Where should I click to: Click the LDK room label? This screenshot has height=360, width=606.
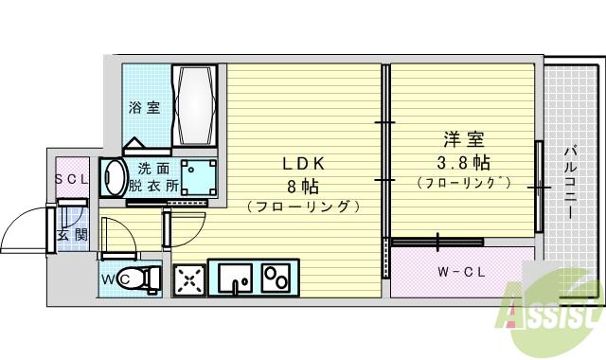tap(302, 162)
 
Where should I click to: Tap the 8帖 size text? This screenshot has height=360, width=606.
tap(302, 184)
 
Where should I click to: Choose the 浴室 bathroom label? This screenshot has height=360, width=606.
tap(145, 107)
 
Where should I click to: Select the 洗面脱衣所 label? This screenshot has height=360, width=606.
tap(154, 178)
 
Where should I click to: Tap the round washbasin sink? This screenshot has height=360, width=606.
tap(115, 177)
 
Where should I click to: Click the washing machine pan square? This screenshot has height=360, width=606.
tap(198, 176)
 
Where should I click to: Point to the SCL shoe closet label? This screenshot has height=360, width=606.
tap(71, 179)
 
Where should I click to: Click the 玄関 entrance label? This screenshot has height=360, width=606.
tap(71, 234)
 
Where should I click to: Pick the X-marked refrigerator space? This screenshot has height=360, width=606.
tap(188, 279)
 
